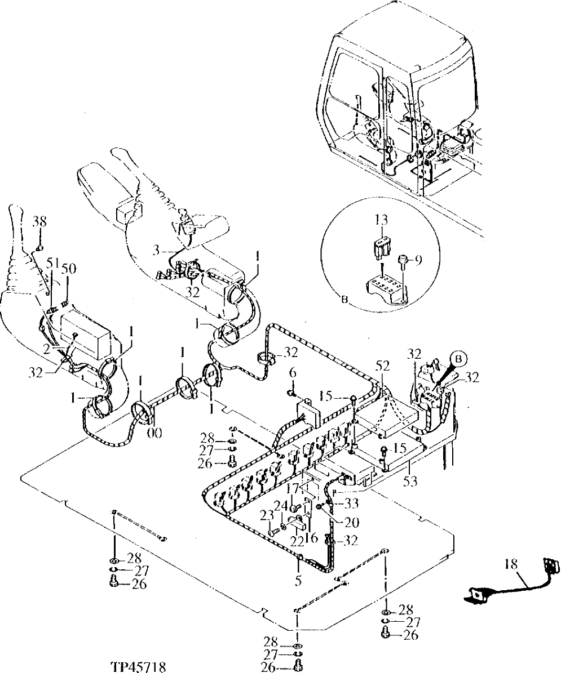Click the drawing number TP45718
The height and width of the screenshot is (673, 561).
click(139, 666)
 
